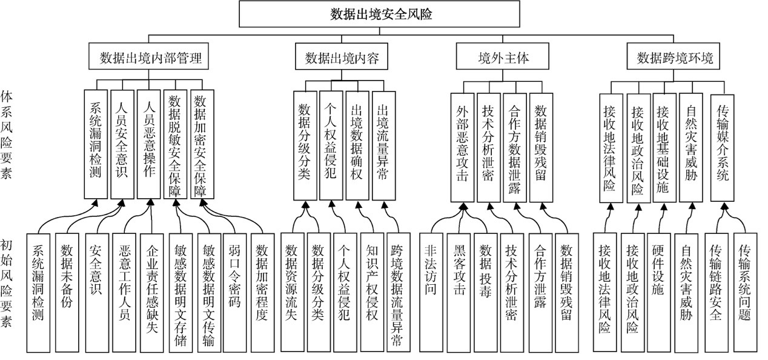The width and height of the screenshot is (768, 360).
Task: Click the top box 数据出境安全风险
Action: [x=379, y=14]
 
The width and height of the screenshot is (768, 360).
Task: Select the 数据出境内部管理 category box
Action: [x=148, y=56]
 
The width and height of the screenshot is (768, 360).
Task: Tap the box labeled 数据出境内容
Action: [x=342, y=56]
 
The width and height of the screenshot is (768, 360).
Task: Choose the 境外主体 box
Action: [x=502, y=56]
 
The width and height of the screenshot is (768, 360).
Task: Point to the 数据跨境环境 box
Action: [x=674, y=56]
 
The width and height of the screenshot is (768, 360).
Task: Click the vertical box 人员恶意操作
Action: [x=149, y=144]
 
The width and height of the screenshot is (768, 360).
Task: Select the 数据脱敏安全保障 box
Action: [x=175, y=144]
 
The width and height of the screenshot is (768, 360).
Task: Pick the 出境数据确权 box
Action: [x=357, y=145]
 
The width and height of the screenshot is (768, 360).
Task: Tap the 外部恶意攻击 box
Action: [x=463, y=147]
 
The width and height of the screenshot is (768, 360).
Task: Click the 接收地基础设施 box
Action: [x=664, y=148]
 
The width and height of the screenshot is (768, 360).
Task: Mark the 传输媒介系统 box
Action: [x=723, y=148]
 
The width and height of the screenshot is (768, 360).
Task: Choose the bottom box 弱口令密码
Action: [x=234, y=293]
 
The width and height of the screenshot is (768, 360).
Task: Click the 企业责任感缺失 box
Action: [x=151, y=293]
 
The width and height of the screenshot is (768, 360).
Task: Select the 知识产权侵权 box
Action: [x=372, y=292]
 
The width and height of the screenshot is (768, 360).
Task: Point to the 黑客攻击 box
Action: [x=458, y=293]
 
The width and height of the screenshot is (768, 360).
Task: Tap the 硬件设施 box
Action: [x=659, y=293]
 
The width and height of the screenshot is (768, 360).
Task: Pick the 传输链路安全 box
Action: [x=717, y=293]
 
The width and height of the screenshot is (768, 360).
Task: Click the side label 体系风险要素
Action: [x=6, y=135]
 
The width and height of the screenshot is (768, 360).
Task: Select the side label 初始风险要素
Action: [x=6, y=284]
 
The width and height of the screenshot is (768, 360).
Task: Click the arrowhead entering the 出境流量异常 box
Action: [x=385, y=205]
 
